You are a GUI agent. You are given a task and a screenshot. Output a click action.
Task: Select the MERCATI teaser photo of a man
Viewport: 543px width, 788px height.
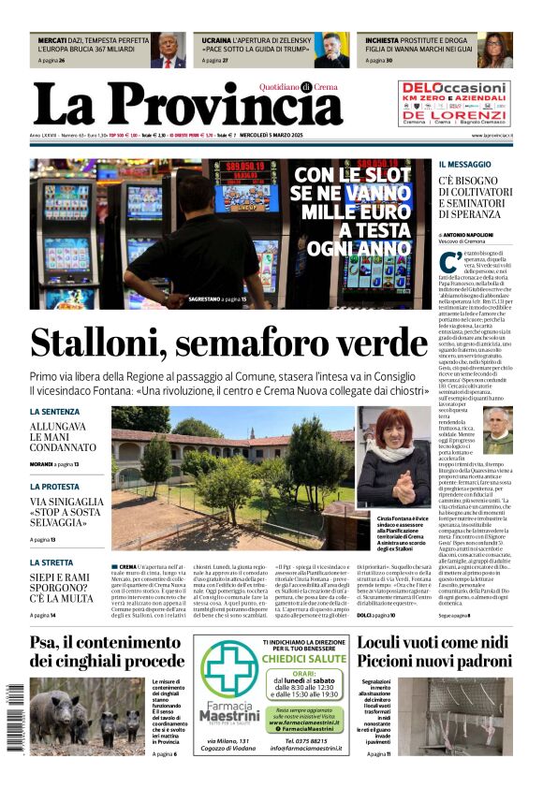point(169,51)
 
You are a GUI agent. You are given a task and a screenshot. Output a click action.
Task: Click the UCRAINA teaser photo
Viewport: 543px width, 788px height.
point(331,51)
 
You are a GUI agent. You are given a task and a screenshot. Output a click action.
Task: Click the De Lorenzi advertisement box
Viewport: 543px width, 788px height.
point(454,103)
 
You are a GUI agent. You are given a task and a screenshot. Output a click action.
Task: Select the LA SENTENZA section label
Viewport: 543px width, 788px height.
point(54,411)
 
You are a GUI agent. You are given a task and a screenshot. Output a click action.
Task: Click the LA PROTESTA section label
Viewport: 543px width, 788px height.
point(54,487)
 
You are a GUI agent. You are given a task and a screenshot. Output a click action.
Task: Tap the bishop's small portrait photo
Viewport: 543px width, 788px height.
point(497,430)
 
